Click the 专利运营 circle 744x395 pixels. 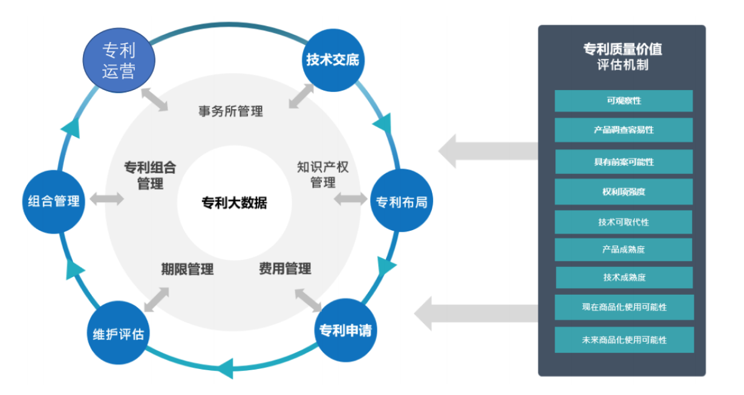pos(119,60)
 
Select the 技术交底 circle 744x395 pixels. pos(333,60)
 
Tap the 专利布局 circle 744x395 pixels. pos(402,201)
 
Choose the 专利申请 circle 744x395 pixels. pos(345,330)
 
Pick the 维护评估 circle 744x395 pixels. pos(118,333)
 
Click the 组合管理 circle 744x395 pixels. pos(53,202)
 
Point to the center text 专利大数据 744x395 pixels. pos(235,203)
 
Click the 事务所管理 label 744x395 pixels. pos(231,111)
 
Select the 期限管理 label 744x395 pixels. pos(188,269)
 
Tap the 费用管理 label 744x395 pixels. pos(285,268)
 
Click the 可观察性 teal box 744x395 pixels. pos(624,101)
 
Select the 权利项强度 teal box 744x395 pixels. pos(624,191)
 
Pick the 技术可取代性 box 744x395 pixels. pos(624,222)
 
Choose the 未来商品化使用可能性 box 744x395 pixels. pos(624,339)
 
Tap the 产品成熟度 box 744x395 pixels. pos(624,249)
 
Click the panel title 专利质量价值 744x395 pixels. pos(623,49)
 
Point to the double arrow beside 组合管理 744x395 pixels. pos(106,199)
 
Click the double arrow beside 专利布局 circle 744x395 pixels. pos(350,199)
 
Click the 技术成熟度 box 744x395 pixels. pos(624,277)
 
